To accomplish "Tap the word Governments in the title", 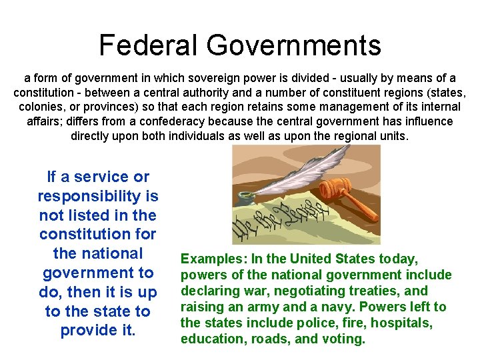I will click(293, 45).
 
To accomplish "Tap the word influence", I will click(427, 121).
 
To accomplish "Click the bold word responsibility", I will click(97, 196).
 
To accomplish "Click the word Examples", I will click(208, 259).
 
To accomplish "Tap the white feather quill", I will click(293, 173).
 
